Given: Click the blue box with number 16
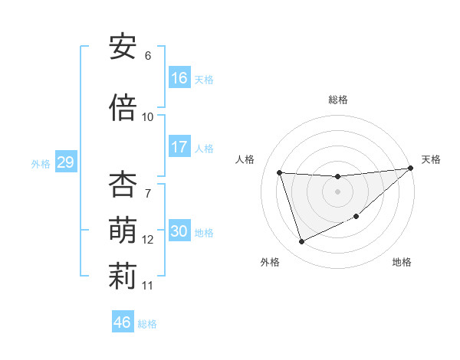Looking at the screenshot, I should tap(179, 77).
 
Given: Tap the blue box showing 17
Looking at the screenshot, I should tap(179, 147).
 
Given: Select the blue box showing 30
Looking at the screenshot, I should tap(179, 231).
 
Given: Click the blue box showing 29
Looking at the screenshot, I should tap(65, 162).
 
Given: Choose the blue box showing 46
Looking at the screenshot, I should tap(123, 322).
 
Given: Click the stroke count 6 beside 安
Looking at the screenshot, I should tap(148, 56).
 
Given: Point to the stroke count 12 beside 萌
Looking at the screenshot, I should tap(148, 240).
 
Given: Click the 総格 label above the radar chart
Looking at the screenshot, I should tap(337, 100).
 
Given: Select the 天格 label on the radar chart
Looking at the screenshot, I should tap(431, 159).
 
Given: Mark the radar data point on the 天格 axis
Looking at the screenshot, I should tap(410, 169).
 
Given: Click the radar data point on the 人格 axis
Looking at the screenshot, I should tap(280, 172).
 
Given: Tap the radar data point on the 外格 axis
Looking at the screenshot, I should tap(301, 242).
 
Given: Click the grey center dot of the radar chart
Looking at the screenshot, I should tap(337, 191).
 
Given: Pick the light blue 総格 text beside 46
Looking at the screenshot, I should tap(147, 323).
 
